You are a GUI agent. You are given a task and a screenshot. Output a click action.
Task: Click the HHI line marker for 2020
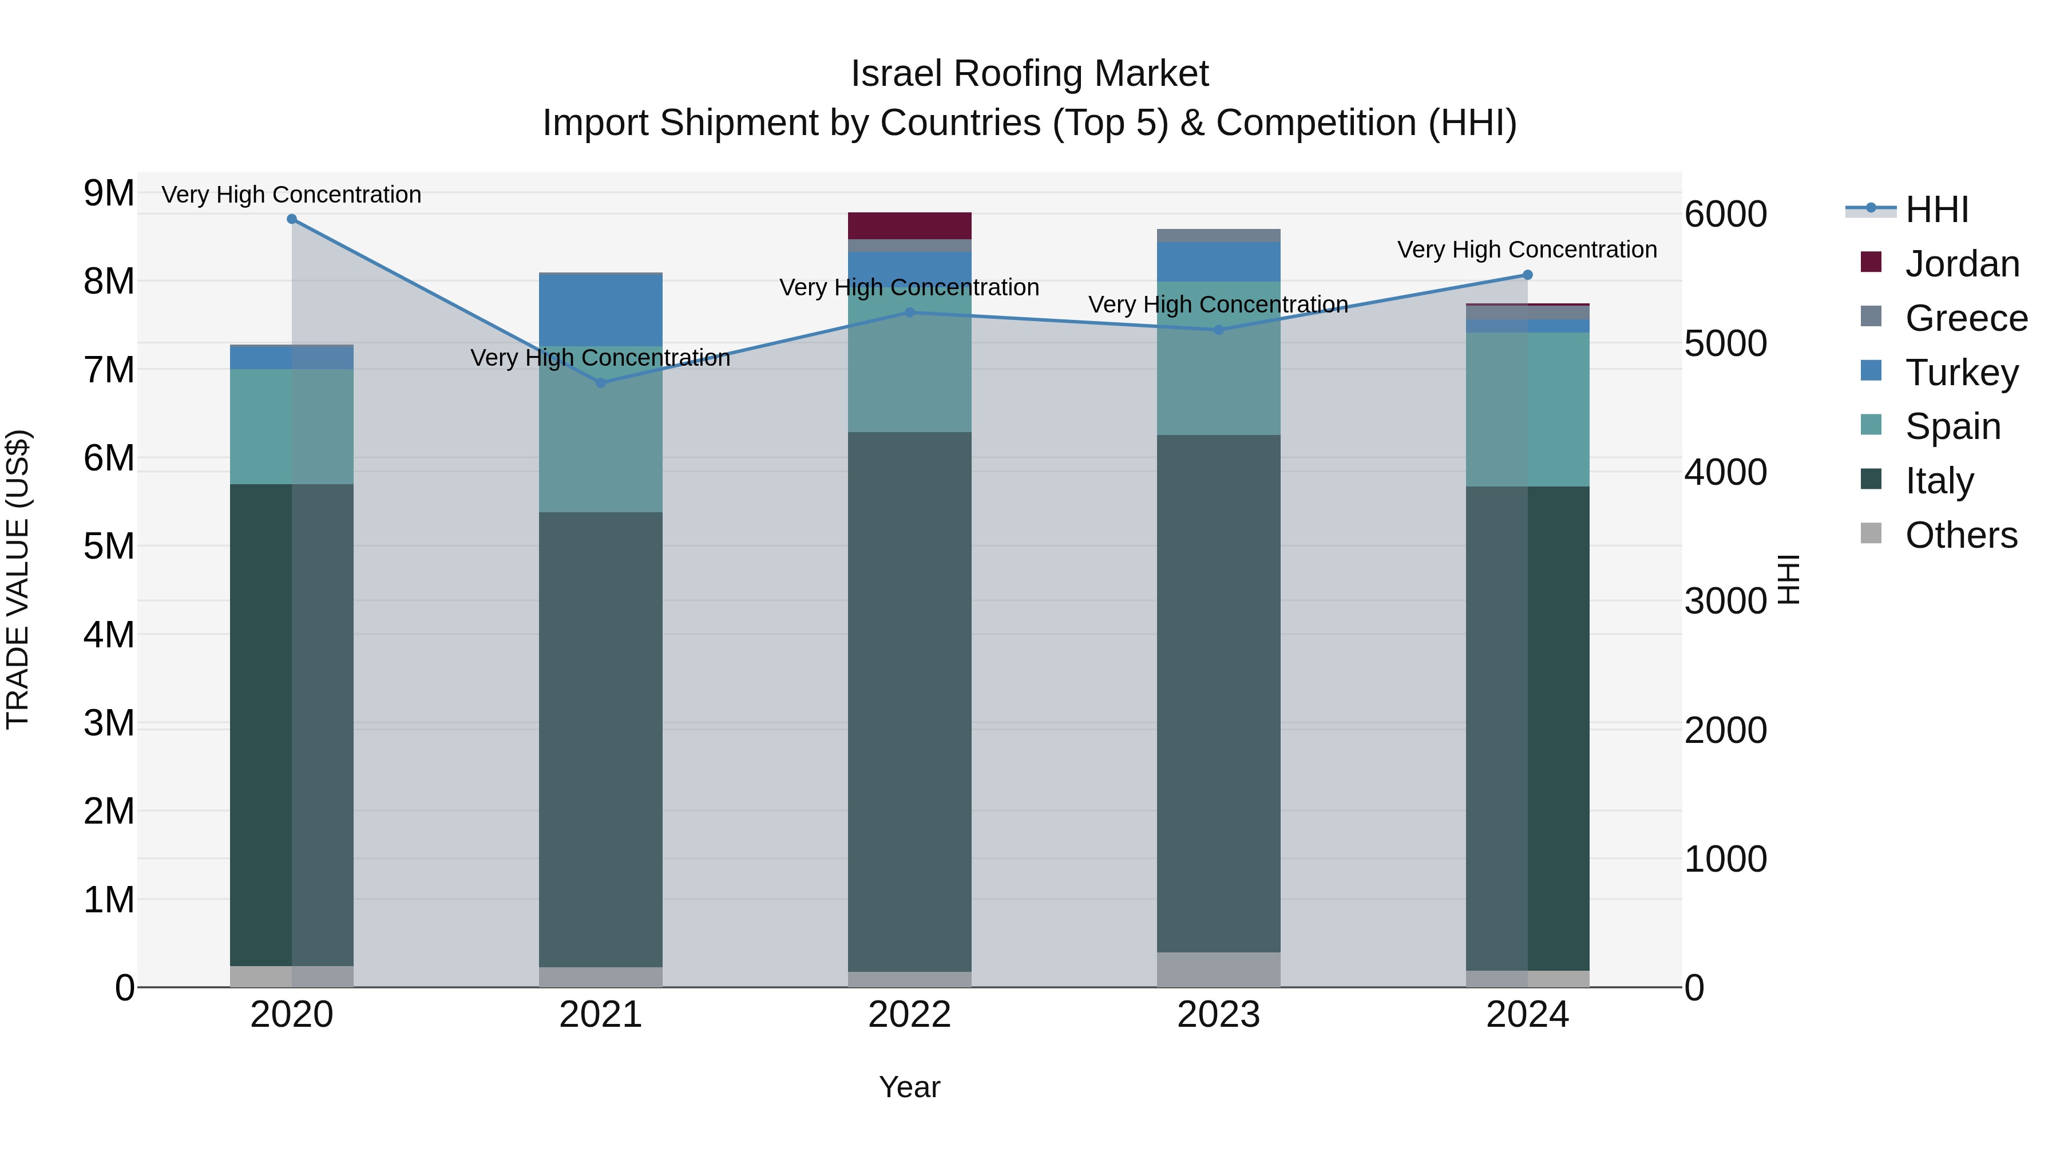[x=292, y=219]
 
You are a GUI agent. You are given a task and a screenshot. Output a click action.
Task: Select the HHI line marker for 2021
[x=601, y=383]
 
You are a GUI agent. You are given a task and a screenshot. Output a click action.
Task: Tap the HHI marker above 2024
[x=1527, y=275]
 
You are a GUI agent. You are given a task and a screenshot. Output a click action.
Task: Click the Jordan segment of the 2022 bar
[x=909, y=226]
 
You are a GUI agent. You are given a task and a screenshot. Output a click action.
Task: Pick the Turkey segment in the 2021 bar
[x=601, y=310]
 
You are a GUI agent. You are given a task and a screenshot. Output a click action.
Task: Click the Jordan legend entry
[x=1962, y=264]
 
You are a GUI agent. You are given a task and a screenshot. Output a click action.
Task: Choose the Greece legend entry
[x=1966, y=318]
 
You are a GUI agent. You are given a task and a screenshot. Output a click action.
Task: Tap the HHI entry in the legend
[x=1936, y=209]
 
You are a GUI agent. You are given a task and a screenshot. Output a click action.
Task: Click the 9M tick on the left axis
[x=109, y=193]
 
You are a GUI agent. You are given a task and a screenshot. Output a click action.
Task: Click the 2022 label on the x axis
[x=909, y=1015]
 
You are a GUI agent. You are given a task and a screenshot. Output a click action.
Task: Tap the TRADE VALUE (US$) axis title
[x=18, y=579]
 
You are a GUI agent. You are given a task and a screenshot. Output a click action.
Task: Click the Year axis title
[x=909, y=1087]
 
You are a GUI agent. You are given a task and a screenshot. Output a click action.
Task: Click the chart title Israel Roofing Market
[x=1029, y=74]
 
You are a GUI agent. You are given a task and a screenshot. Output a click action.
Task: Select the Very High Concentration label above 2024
[x=1527, y=250]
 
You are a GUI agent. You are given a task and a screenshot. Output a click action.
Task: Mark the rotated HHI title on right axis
[x=1788, y=579]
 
